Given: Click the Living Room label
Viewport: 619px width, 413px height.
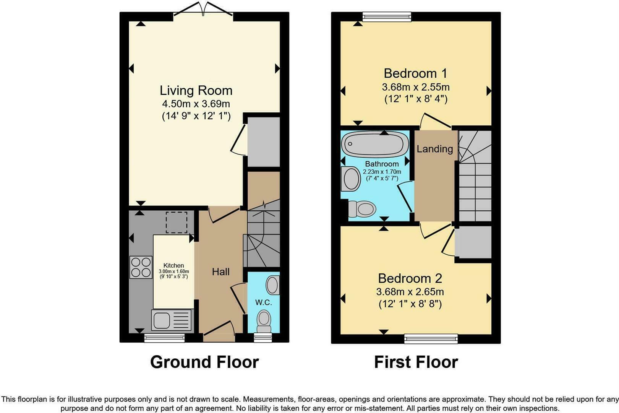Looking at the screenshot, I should [x=196, y=91].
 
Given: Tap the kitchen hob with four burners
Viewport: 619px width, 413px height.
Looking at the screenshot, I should [x=141, y=267].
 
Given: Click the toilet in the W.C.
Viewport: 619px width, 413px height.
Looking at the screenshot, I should [x=264, y=320].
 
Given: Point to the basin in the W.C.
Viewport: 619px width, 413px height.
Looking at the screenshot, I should [x=272, y=285].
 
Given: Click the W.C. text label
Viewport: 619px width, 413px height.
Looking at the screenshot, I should [x=264, y=302].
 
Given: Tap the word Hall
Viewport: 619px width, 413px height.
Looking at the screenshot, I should [x=221, y=272].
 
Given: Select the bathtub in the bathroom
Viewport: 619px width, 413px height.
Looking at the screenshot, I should [x=375, y=144].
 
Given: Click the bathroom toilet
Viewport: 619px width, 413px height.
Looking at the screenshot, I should [x=362, y=209].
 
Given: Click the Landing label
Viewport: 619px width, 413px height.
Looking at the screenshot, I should [x=435, y=149].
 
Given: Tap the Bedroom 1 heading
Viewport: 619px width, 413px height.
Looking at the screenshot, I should [x=415, y=73].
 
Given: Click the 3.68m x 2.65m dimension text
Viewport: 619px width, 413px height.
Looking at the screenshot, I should [x=410, y=292].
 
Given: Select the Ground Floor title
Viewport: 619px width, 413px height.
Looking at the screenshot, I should [x=204, y=362].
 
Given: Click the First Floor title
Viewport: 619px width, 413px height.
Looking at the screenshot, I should [x=416, y=362].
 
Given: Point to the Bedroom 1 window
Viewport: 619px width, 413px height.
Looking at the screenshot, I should [x=387, y=16].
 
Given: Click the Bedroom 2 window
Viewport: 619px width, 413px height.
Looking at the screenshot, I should [x=431, y=338].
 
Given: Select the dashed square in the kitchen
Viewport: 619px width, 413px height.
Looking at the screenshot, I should [x=177, y=223].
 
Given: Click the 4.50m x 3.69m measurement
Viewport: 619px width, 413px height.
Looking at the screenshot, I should [x=196, y=104].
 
